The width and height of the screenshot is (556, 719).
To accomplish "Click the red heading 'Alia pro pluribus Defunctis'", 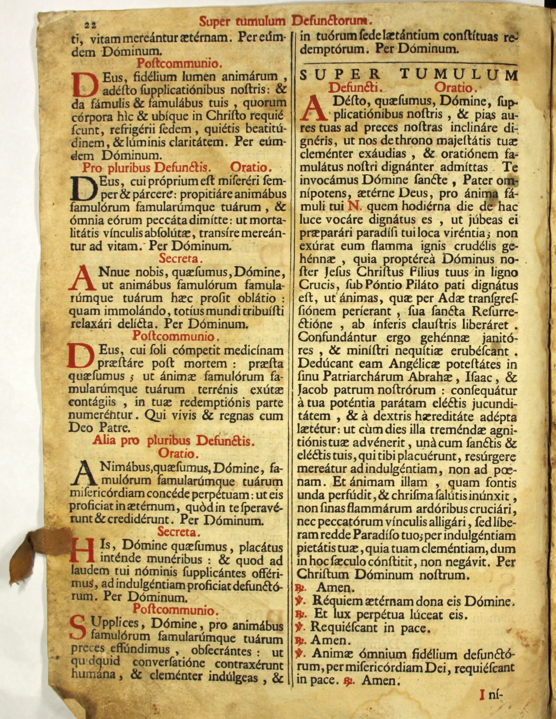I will point(172,441).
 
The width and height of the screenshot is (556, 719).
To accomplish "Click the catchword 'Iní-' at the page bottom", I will point(491,693).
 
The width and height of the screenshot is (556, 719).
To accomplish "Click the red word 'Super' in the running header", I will point(215,21).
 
